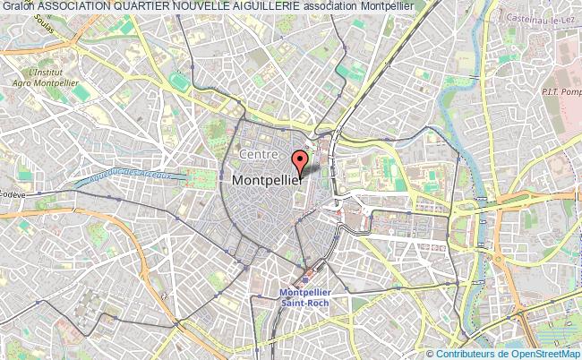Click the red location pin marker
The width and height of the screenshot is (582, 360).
[x=300, y=161]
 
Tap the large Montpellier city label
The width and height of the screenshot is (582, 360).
[x=272, y=180]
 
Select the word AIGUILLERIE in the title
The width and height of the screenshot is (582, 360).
[x=255, y=7]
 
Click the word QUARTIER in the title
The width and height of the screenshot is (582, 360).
[x=136, y=7]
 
